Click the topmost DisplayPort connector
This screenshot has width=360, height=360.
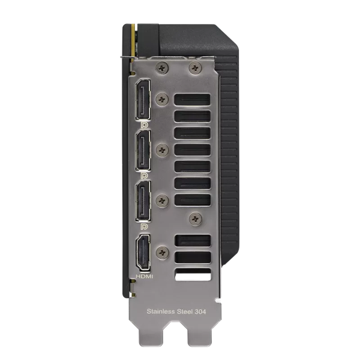click(x=145, y=99)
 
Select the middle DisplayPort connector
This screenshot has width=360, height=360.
click(x=145, y=150)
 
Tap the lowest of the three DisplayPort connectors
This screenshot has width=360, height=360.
click(x=145, y=201)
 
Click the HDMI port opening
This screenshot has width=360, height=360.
click(x=145, y=251)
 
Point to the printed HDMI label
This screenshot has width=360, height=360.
click(x=145, y=276)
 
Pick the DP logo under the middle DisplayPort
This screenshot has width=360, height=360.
click(x=145, y=175)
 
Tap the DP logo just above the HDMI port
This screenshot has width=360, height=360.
click(x=145, y=227)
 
